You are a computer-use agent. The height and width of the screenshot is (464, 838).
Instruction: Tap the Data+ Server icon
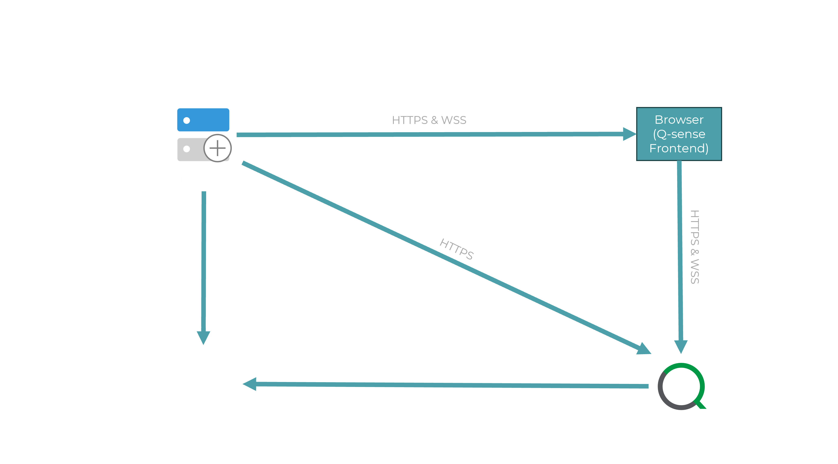(x=204, y=135)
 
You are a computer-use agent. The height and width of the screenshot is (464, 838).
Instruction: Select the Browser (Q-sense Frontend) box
(x=679, y=134)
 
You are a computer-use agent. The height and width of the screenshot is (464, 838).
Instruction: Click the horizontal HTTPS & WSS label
(x=429, y=120)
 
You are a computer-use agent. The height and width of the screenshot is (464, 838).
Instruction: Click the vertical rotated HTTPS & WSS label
(x=695, y=247)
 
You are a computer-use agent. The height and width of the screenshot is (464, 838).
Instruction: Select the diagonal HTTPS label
(x=456, y=249)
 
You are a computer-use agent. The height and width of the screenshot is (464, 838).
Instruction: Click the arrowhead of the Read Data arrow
(x=250, y=384)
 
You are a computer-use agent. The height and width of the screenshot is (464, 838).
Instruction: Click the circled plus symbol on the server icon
(x=217, y=148)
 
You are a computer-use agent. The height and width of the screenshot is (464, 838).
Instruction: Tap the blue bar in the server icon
(x=203, y=120)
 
